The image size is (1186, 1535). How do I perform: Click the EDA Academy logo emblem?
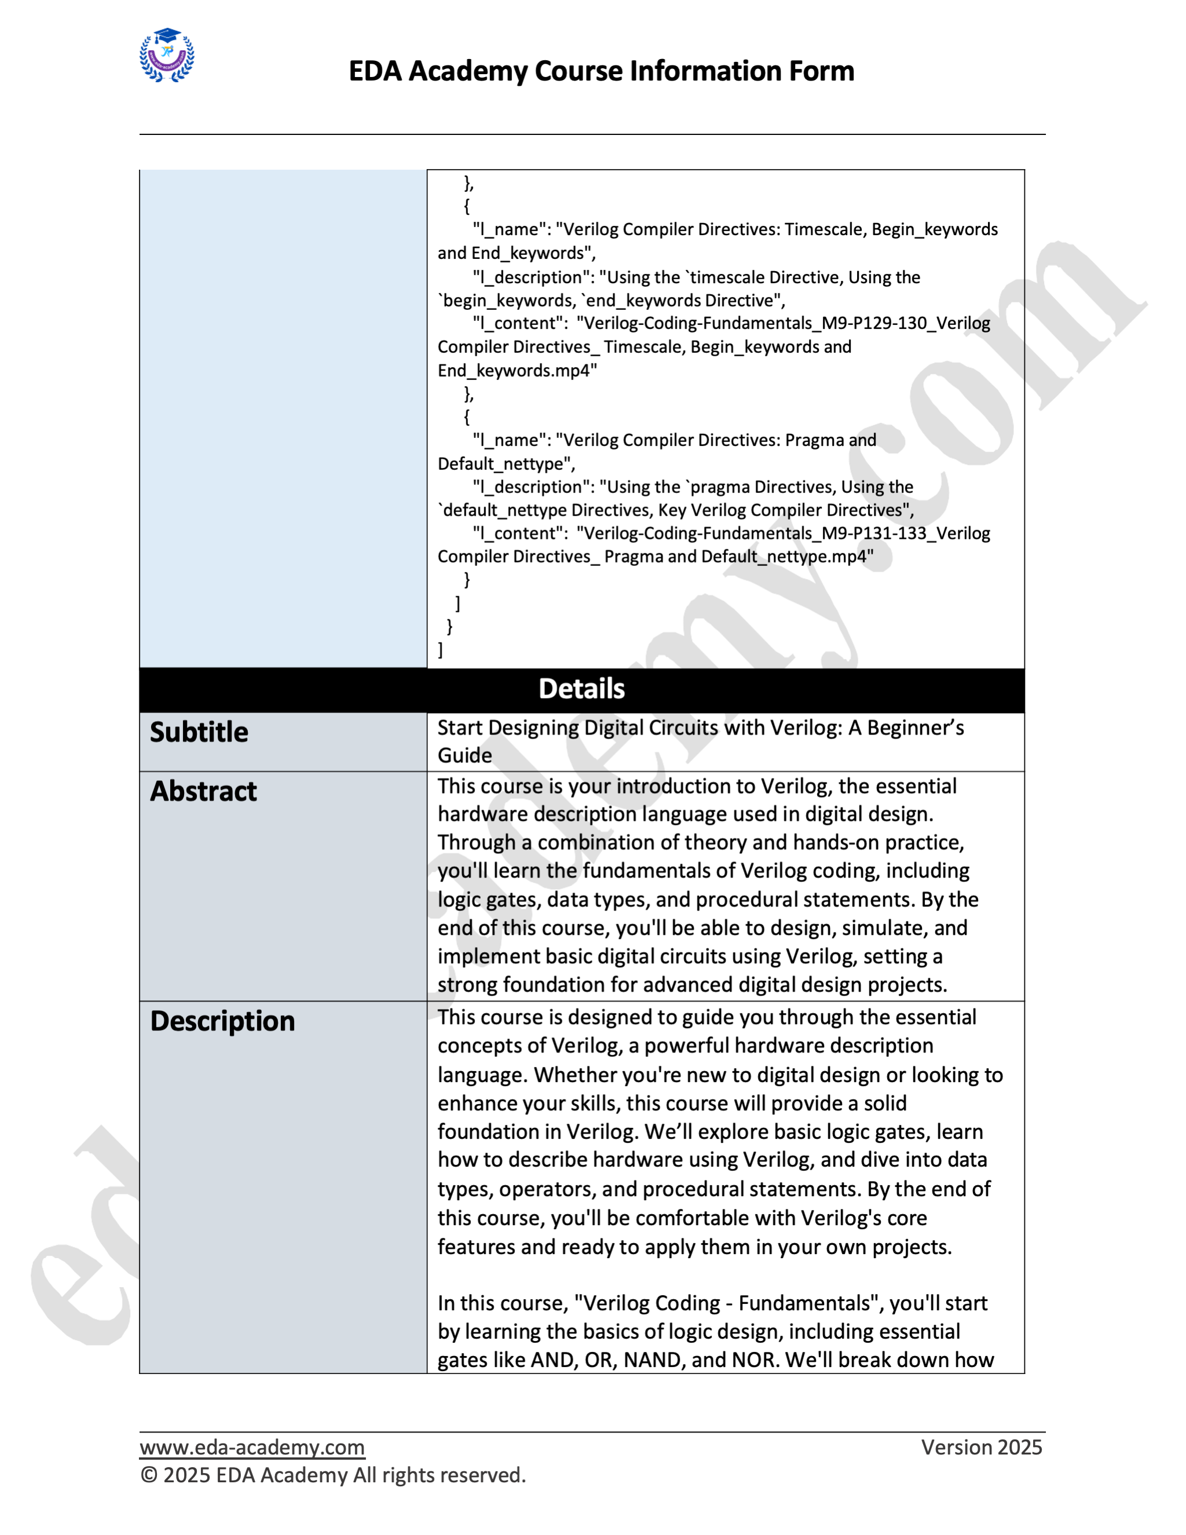point(167,56)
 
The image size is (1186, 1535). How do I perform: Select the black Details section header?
point(582,689)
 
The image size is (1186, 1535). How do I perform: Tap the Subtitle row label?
point(200,732)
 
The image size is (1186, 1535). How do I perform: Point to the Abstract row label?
point(204,791)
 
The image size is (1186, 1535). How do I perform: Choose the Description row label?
point(223,1021)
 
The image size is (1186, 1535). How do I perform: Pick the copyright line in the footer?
point(333,1475)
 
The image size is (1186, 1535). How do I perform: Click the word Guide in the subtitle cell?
point(464,755)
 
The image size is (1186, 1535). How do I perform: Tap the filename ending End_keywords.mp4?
point(517,370)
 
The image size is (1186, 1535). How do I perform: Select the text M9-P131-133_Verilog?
point(906,533)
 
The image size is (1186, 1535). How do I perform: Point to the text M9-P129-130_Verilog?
point(906,323)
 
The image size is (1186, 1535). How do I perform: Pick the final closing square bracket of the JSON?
point(441,650)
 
